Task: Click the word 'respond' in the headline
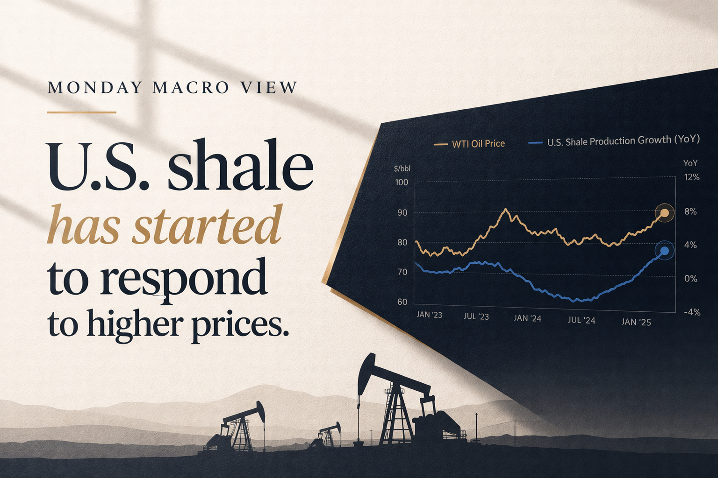[183, 279]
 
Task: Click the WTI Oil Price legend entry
[469, 144]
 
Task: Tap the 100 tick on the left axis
[402, 183]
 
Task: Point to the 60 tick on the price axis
[402, 302]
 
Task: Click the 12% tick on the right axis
[692, 177]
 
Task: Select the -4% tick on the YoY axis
[692, 312]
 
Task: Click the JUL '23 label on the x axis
[476, 316]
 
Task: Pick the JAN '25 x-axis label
[636, 322]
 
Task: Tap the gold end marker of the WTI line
[665, 213]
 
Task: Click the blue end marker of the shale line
[665, 251]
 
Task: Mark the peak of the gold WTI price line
[506, 209]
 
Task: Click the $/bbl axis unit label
[402, 169]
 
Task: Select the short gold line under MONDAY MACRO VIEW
[82, 112]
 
